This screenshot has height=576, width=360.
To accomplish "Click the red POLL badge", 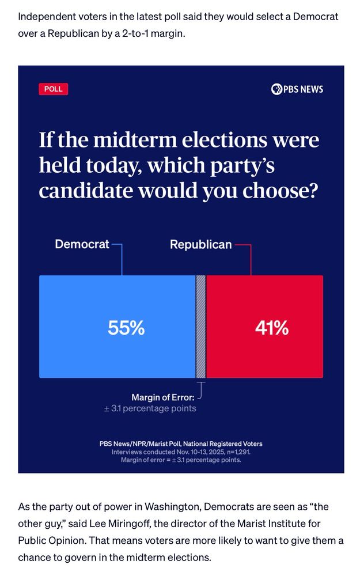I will point(53,89).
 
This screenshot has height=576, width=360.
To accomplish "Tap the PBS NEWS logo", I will point(297,89).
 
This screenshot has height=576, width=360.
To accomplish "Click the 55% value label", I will point(126,328).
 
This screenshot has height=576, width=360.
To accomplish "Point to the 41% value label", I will point(271,328).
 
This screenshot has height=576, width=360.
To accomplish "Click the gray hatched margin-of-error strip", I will point(201,327).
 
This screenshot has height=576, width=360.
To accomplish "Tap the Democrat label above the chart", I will point(82,244).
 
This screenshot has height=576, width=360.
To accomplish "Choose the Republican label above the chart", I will point(200,245).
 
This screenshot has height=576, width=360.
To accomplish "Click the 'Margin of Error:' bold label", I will point(163,397).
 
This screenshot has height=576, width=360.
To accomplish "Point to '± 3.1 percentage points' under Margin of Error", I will point(150,408).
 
